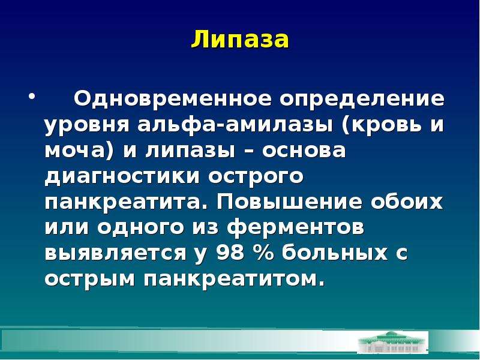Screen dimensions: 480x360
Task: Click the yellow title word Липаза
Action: (240, 40)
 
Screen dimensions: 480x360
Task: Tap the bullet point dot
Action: (32, 98)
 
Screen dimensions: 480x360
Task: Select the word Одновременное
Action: (172, 99)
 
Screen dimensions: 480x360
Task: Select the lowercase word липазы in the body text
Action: (190, 151)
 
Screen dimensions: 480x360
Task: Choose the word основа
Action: (304, 151)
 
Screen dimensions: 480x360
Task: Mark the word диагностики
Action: (122, 177)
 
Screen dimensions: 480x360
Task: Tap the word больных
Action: (334, 252)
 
